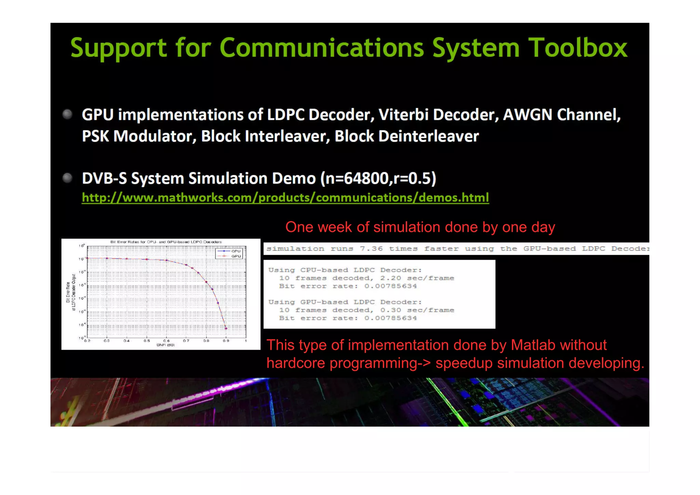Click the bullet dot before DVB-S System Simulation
pyautogui.click(x=68, y=178)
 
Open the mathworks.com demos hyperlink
pyautogui.click(x=285, y=198)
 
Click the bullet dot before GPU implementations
pyautogui.click(x=68, y=114)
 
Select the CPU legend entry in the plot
pyautogui.click(x=236, y=251)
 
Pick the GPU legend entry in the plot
pyautogui.click(x=236, y=256)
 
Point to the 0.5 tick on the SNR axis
pyautogui.click(x=147, y=341)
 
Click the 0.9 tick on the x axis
pyautogui.click(x=226, y=341)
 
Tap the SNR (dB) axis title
pyautogui.click(x=165, y=345)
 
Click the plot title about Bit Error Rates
pyautogui.click(x=166, y=242)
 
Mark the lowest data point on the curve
pyautogui.click(x=226, y=328)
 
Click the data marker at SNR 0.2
pyautogui.click(x=87, y=258)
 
